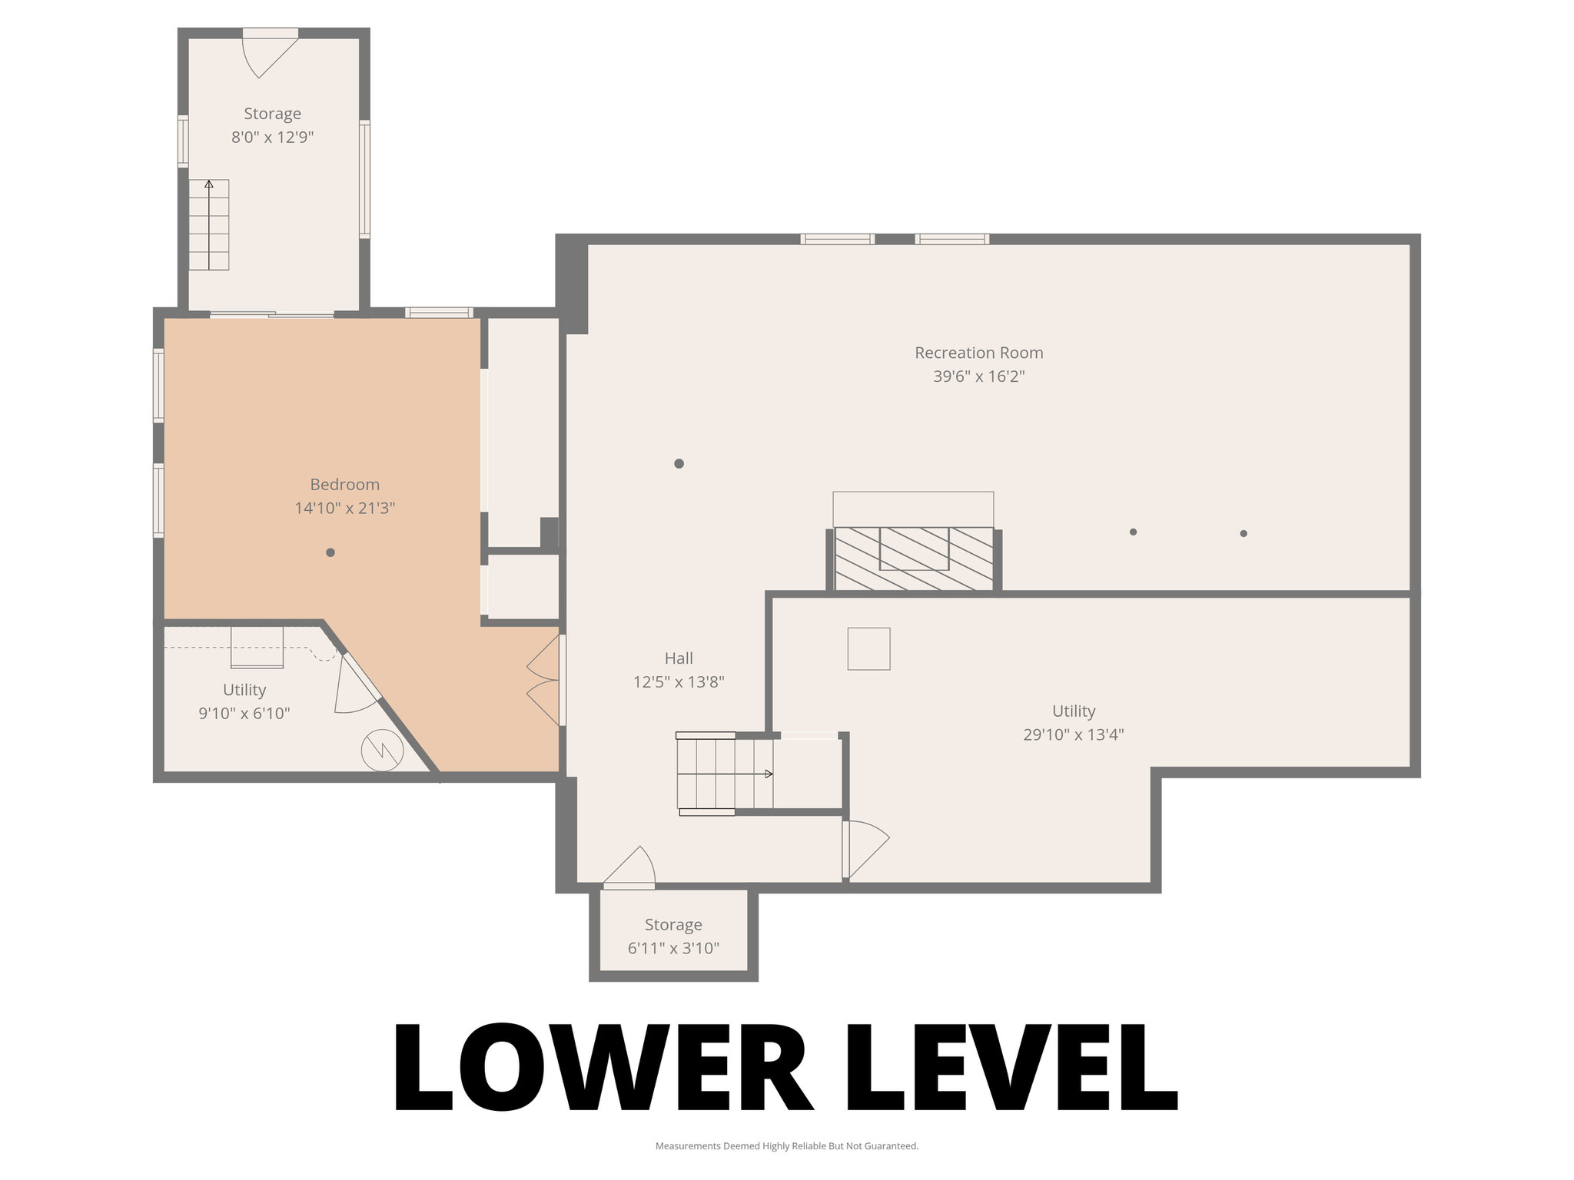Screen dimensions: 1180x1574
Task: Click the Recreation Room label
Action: point(978,353)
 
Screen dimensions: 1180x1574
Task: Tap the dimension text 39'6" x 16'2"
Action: point(978,376)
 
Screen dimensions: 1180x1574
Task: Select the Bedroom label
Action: point(344,484)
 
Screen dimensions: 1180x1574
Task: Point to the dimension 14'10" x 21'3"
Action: point(344,508)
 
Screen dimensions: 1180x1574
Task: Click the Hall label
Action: point(678,658)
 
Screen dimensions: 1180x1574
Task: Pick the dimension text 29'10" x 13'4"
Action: point(1073,734)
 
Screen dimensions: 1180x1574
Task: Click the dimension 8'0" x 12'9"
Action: point(272,138)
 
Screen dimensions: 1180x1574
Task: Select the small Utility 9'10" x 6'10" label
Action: point(244,689)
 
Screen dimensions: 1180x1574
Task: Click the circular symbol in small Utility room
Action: point(382,750)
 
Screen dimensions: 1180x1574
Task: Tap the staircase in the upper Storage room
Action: point(209,225)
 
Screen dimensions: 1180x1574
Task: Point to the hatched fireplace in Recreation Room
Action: point(914,559)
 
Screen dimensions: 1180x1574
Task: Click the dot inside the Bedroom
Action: point(330,552)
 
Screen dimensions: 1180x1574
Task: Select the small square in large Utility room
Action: point(868,648)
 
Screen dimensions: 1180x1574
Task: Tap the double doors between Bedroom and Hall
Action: point(545,681)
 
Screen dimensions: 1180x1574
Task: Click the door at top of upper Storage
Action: point(269,52)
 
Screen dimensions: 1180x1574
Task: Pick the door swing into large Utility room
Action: point(865,849)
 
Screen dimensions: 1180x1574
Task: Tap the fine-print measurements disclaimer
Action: point(786,1146)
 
